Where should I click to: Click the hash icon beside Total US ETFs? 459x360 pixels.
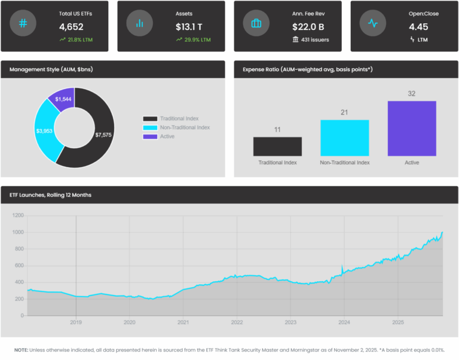(23, 24)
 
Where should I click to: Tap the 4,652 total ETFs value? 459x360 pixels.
(71, 27)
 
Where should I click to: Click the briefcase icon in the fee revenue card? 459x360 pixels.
(256, 24)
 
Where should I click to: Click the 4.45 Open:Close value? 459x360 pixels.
(419, 27)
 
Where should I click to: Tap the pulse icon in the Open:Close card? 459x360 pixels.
(372, 24)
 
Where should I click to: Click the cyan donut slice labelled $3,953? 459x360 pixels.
(45, 130)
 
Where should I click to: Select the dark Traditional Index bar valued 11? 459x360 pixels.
(277, 147)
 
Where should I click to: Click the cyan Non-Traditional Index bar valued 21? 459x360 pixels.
(344, 138)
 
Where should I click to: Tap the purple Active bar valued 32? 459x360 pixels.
(412, 128)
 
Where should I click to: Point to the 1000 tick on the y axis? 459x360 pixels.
(17, 232)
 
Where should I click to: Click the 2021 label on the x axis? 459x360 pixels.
(183, 322)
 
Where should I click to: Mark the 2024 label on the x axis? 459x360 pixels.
(344, 322)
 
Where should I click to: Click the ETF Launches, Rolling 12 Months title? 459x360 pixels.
(50, 195)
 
